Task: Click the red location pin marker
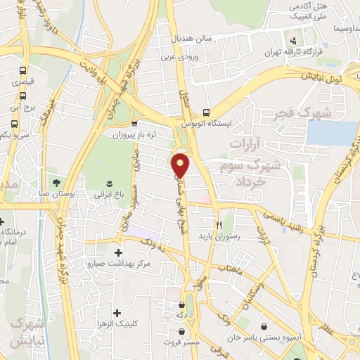click(182, 165)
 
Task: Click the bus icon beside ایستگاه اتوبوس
click(206, 112)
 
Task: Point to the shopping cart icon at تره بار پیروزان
click(134, 122)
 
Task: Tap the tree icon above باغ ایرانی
click(108, 181)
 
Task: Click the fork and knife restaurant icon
click(219, 226)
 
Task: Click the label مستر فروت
click(188, 342)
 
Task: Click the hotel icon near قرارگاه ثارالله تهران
click(293, 39)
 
